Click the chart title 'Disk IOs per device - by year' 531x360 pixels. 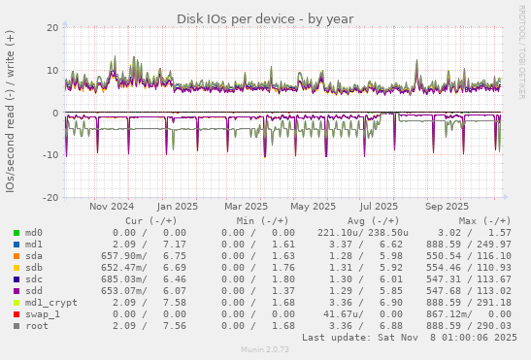tap(265, 19)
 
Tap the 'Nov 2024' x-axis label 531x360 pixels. tap(112, 206)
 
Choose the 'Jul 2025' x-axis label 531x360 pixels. tap(379, 206)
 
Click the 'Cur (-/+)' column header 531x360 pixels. tap(147, 220)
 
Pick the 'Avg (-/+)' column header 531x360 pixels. tap(365, 220)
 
